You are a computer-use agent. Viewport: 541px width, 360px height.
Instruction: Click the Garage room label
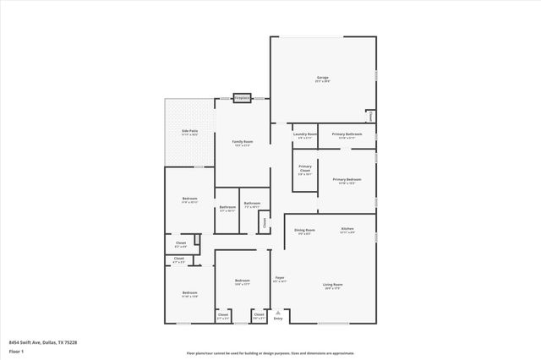tap(322, 79)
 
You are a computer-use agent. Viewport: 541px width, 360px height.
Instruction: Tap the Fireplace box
tap(242, 98)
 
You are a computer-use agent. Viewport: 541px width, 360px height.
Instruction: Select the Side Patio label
tap(189, 133)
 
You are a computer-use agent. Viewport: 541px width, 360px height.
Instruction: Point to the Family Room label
tap(242, 143)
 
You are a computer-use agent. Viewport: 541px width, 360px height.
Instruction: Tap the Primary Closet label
tap(305, 168)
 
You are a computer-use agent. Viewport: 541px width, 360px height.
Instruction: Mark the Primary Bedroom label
tap(347, 181)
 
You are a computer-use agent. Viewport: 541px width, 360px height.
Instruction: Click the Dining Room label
tap(304, 231)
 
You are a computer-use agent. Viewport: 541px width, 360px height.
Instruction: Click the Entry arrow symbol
tap(278, 311)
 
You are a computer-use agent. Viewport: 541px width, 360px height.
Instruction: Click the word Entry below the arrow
tap(278, 319)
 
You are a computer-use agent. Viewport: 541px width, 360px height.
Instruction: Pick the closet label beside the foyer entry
tap(258, 317)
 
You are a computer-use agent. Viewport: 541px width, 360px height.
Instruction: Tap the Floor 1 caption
tap(16, 351)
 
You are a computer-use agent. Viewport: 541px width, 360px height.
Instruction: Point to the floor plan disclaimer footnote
tap(270, 354)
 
